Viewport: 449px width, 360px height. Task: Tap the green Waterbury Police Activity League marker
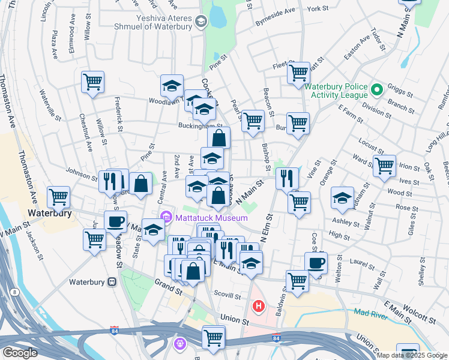376,91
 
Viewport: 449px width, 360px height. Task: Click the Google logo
20,353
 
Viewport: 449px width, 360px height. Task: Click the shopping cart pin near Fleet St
298,73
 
